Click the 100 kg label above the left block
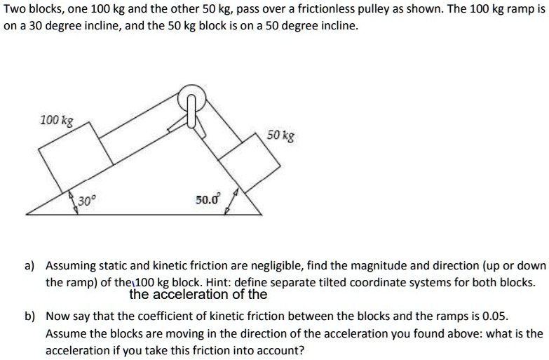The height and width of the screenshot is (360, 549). coord(57,120)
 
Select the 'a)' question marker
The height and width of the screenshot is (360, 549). coord(30,267)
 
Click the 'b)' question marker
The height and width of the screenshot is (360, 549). coord(30,316)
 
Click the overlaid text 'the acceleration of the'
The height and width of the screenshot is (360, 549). coord(198,295)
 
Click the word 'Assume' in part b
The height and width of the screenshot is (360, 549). coord(65,333)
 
